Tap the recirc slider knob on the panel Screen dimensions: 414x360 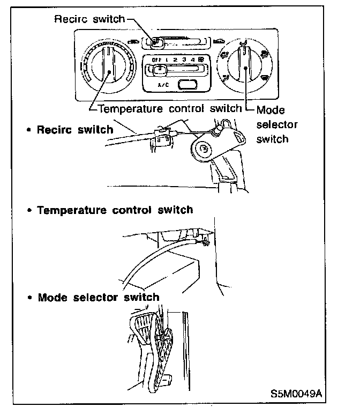coord(154,40)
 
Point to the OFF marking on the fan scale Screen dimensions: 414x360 coord(156,59)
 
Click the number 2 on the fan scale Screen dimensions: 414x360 coord(176,59)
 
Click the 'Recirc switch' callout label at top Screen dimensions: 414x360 coord(89,19)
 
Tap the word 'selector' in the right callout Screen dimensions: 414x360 coord(276,124)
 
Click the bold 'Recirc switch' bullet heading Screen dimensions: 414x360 coord(74,129)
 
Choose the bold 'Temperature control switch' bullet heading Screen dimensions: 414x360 coord(115,209)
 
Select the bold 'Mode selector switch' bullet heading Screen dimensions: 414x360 coord(98,297)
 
